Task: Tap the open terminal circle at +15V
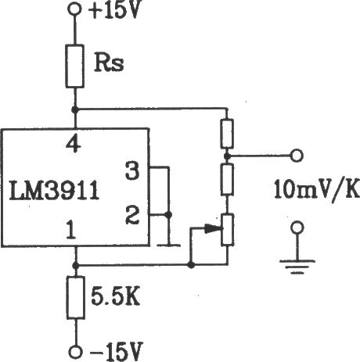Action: [74, 9]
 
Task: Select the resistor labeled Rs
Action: [75, 66]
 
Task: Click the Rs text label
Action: [109, 63]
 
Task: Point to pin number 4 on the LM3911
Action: [74, 144]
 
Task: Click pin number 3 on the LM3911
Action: [132, 170]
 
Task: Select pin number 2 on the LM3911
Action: [132, 215]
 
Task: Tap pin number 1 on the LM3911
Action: [71, 230]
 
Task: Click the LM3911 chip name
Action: [54, 191]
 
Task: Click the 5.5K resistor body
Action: [76, 298]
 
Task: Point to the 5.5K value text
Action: [115, 297]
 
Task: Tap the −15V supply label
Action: [116, 351]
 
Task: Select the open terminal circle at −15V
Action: [76, 353]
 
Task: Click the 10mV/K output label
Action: [317, 189]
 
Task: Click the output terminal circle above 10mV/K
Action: [297, 156]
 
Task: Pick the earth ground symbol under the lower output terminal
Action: [297, 267]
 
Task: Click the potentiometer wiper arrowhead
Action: [214, 228]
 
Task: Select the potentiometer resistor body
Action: [227, 230]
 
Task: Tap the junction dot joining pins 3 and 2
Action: [169, 215]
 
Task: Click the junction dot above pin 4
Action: [75, 109]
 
